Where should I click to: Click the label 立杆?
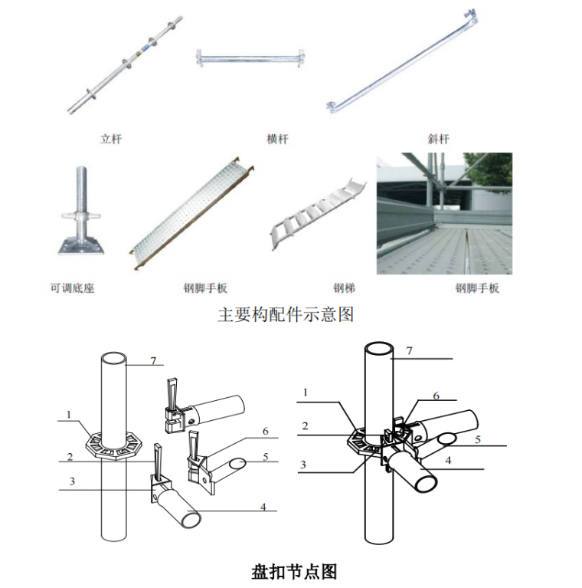(111, 139)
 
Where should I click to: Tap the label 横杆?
(277, 139)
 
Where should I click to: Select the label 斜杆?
(438, 139)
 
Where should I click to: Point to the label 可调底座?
(73, 288)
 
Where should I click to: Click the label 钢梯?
(344, 288)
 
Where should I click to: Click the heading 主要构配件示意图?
(286, 314)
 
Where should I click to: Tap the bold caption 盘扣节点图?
(294, 572)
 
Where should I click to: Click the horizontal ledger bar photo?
(250, 59)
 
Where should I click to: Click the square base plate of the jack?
(81, 245)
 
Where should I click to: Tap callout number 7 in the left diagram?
(153, 360)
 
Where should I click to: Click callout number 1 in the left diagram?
(68, 415)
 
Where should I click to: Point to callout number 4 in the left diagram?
(263, 508)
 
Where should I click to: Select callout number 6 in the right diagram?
(436, 396)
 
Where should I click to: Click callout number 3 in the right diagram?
(303, 465)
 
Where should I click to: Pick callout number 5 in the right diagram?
(478, 439)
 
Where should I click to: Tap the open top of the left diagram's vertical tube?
(113, 357)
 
